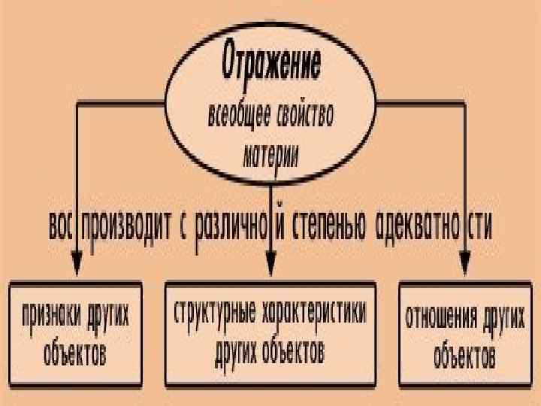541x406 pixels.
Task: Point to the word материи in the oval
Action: [270, 156]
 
